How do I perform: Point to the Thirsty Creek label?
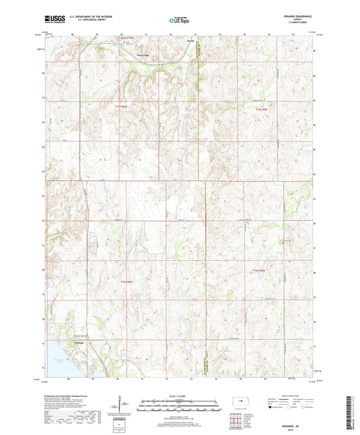click(144, 56)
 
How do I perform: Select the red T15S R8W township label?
click(270, 108)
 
